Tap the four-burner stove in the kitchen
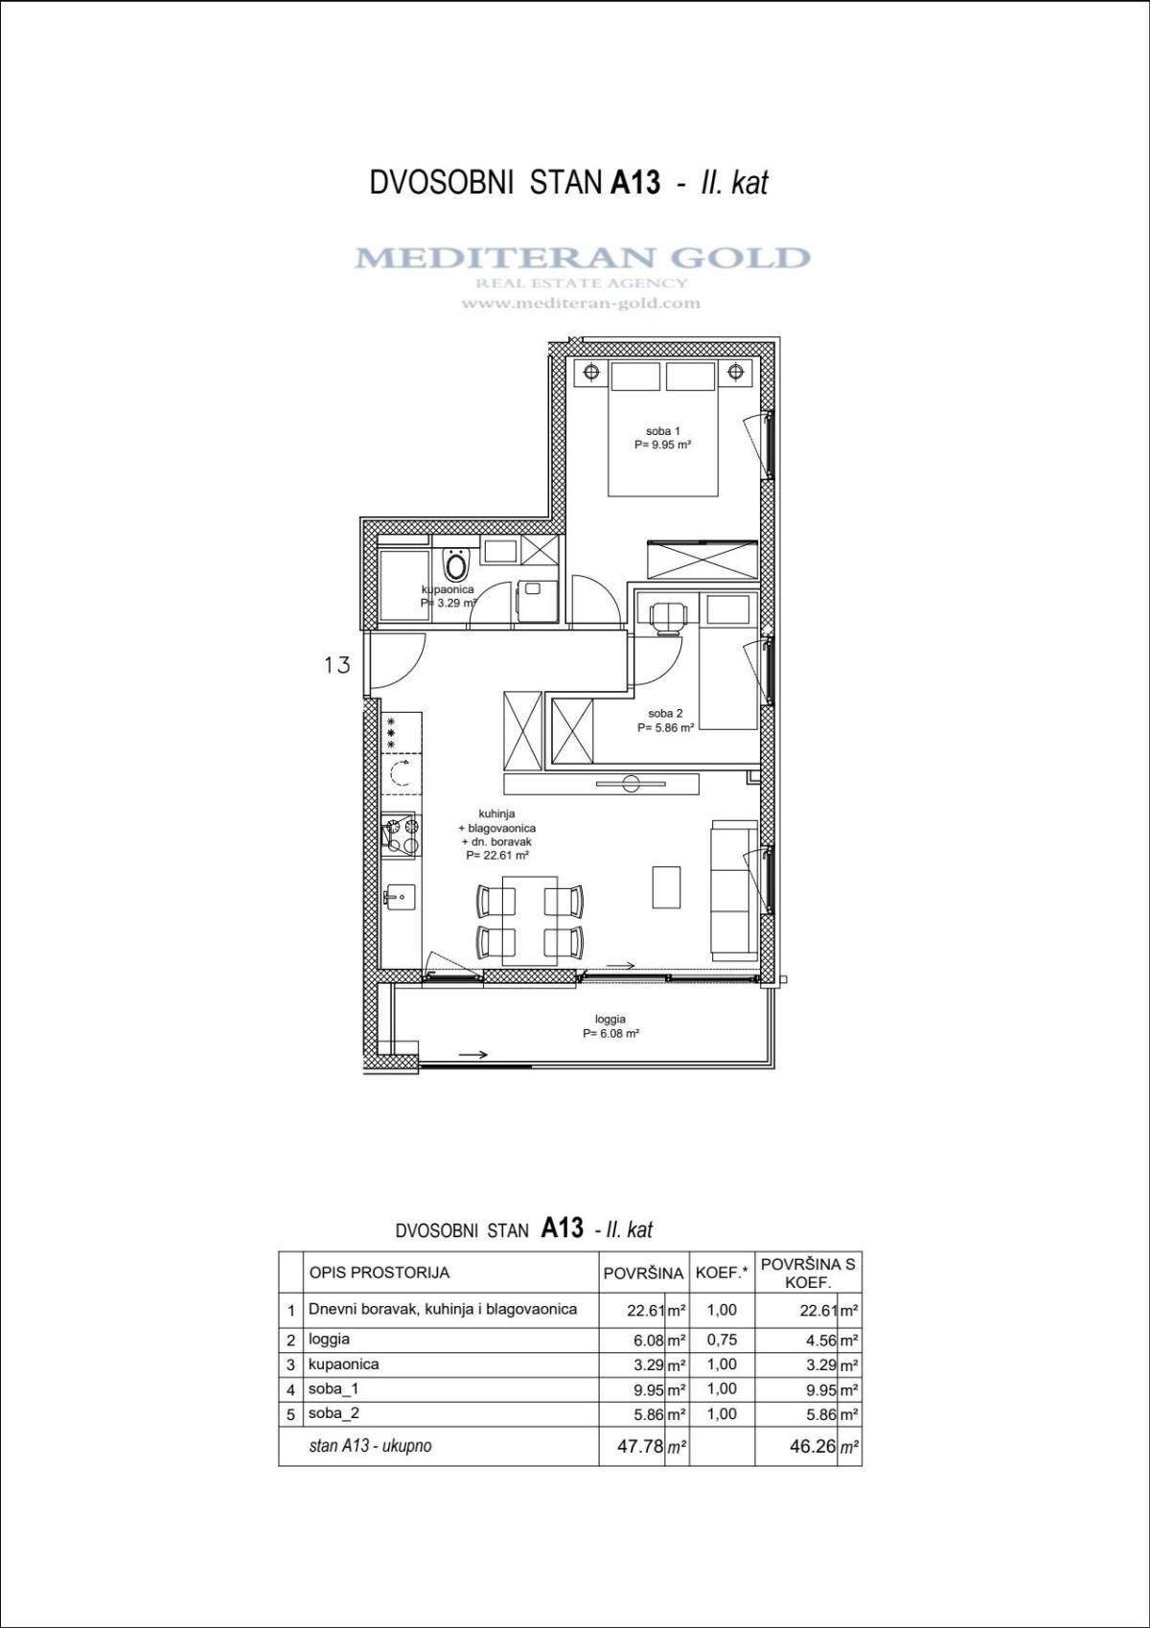click(x=400, y=835)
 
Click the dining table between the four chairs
click(x=530, y=922)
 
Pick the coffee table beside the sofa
click(x=666, y=886)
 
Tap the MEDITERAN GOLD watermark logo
click(x=582, y=258)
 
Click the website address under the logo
click(x=581, y=304)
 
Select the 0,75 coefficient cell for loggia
click(x=722, y=1340)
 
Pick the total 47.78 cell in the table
click(x=640, y=1446)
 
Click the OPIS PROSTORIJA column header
click(x=379, y=1273)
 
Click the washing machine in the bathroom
click(x=535, y=601)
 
